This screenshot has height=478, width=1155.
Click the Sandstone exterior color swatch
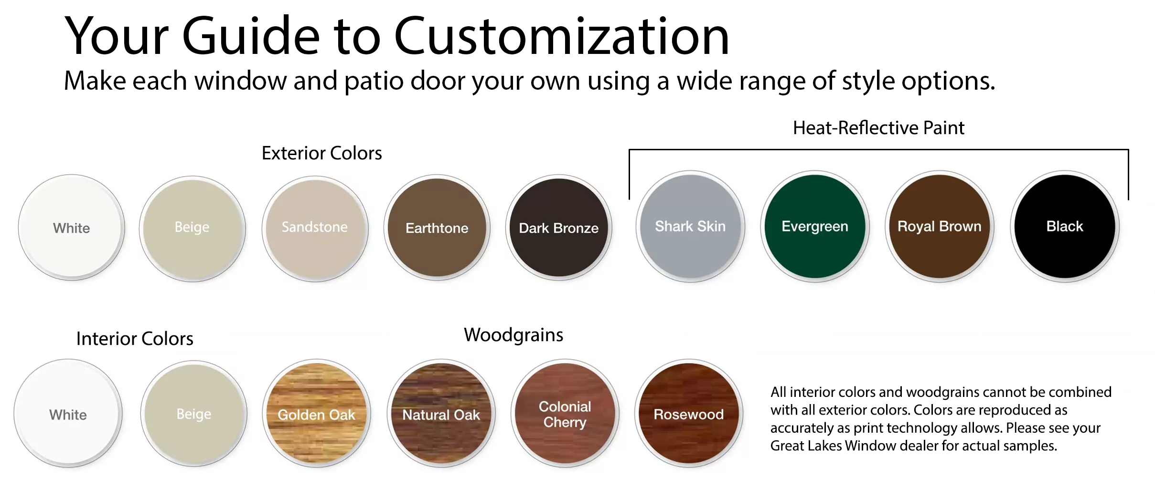[x=315, y=228]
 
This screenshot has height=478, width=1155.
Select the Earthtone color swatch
[x=437, y=228]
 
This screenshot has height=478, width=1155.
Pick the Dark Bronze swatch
[x=559, y=228]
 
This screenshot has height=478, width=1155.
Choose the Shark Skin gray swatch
[x=690, y=226]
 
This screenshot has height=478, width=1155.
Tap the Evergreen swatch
[x=815, y=226]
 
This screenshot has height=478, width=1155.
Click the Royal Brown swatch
[x=940, y=226]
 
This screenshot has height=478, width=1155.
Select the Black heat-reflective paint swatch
[x=1065, y=226]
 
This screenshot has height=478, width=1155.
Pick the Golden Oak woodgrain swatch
[x=317, y=414]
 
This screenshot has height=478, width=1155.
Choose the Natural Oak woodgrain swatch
[x=441, y=414]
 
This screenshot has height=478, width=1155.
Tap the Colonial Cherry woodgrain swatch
[x=565, y=414]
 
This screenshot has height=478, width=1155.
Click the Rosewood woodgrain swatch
[x=689, y=414]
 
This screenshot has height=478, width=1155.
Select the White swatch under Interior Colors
[x=68, y=414]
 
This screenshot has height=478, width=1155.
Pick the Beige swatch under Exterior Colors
[x=192, y=229]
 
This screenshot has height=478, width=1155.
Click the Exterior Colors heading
[x=321, y=153]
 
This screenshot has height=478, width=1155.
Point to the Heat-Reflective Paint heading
[x=878, y=128]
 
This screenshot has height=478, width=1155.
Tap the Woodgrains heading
[x=513, y=335]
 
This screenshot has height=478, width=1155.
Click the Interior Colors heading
[x=135, y=339]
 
